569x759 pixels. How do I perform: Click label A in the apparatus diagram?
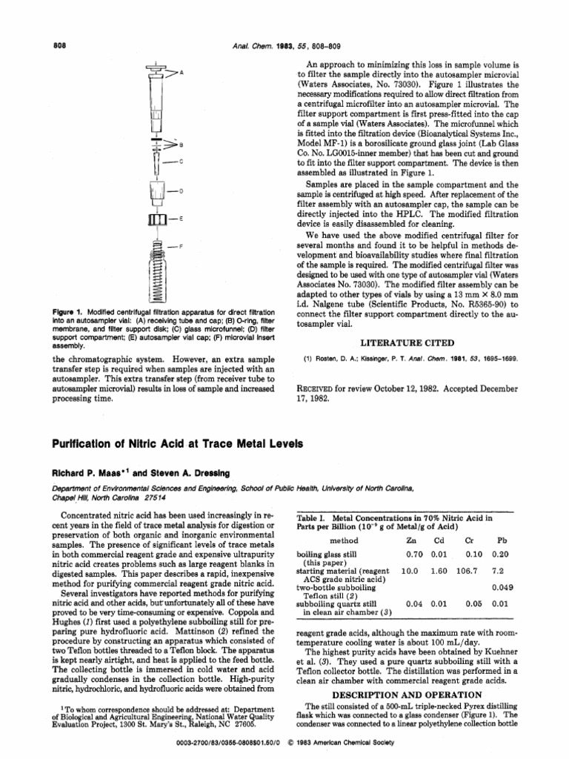[182, 73]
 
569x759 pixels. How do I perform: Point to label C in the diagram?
[181, 162]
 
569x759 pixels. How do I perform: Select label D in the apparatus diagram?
[181, 193]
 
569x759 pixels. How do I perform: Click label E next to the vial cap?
[181, 219]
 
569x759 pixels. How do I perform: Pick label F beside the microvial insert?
[181, 245]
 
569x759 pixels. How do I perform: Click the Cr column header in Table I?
[469, 541]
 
